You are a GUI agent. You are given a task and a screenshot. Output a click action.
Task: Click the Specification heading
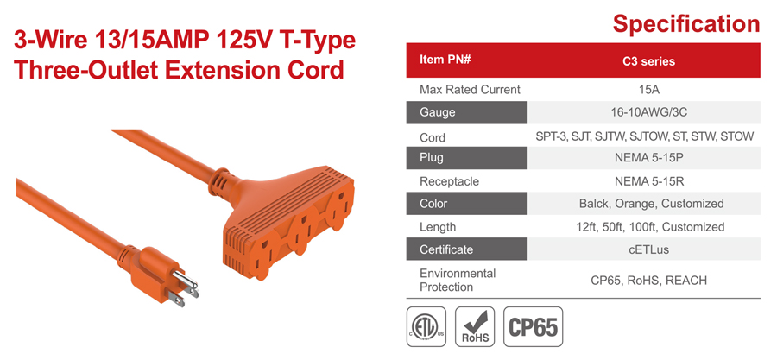pos(685,23)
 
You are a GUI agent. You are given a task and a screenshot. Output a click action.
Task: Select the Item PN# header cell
pos(467,60)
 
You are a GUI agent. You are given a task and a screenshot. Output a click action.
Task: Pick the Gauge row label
pos(467,112)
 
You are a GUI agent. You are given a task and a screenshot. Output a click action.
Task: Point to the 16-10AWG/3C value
pos(648,112)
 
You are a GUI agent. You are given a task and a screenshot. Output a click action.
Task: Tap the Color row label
pos(467,204)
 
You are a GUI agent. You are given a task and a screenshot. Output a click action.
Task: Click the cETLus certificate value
pos(648,249)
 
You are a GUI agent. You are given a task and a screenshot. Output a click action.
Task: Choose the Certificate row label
pos(467,249)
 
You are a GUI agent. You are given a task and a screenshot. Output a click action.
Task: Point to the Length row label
pos(438,227)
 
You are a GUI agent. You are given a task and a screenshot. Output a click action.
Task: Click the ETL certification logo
pos(426,327)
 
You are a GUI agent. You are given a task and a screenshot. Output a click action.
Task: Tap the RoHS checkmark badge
pos(475,327)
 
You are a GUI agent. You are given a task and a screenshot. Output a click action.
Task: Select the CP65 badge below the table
pos(534,327)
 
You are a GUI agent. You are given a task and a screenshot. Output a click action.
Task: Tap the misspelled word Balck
pos(593,204)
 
